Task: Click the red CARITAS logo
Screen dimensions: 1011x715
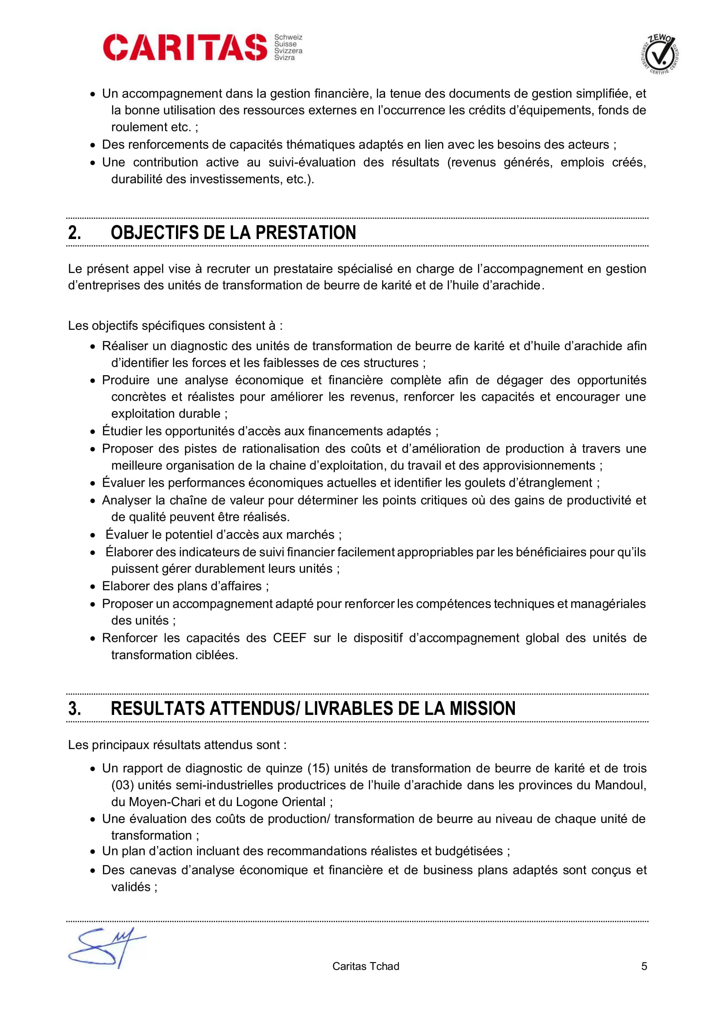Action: click(x=185, y=47)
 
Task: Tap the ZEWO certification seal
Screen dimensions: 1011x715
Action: click(x=659, y=54)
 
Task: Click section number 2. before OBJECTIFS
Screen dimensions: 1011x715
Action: click(x=74, y=233)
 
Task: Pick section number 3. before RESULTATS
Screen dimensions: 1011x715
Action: click(x=74, y=708)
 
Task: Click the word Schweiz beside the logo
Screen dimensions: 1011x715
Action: click(x=288, y=38)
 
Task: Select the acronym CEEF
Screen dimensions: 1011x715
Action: click(x=289, y=638)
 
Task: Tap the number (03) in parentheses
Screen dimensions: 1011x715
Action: click(x=122, y=785)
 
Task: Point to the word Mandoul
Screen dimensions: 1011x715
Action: click(x=620, y=785)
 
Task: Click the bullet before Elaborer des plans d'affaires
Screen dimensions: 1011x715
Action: click(x=93, y=587)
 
